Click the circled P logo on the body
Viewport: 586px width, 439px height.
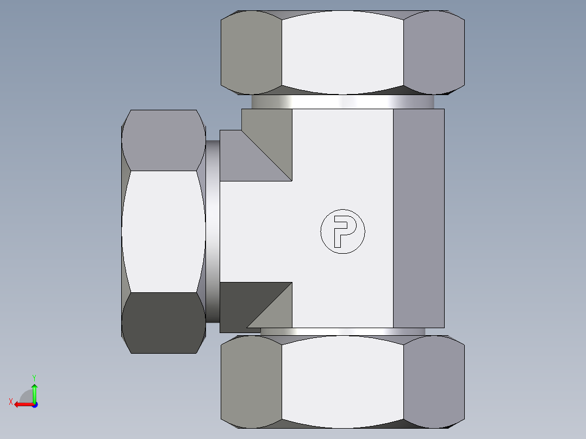pos(342,231)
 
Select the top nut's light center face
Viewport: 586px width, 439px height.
pos(342,52)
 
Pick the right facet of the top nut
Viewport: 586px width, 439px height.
pos(434,52)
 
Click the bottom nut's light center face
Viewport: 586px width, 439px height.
pos(342,380)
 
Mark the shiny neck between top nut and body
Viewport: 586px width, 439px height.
pos(342,102)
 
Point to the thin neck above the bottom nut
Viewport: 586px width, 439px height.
pos(342,331)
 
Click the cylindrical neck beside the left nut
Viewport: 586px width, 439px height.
pos(213,231)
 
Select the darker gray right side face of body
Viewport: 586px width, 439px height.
pos(418,217)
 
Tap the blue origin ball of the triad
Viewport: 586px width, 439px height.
pos(34,404)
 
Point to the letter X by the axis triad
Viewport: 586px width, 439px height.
pos(10,402)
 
